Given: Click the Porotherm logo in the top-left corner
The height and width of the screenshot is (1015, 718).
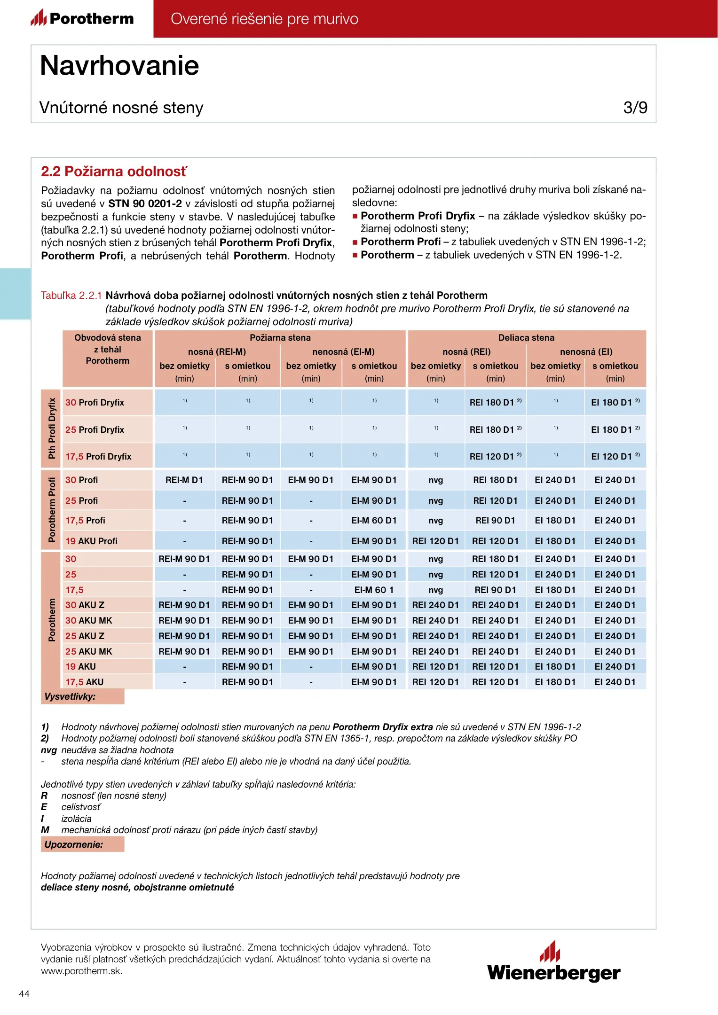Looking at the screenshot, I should [83, 18].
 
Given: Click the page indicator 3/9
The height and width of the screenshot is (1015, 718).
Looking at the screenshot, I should [635, 108].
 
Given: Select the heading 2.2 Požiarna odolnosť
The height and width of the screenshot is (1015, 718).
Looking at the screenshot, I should [114, 172].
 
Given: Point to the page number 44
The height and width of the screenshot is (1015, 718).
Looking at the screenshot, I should [24, 993].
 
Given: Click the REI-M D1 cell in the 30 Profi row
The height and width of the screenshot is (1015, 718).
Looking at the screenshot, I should [184, 480].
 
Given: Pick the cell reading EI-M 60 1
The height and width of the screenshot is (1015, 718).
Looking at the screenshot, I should [374, 590].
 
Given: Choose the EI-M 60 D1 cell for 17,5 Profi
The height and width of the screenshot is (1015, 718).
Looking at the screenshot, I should [374, 521].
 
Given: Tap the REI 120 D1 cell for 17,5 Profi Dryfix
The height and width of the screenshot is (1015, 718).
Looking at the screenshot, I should [495, 456].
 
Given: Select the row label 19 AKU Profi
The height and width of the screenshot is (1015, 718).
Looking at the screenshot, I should [92, 541].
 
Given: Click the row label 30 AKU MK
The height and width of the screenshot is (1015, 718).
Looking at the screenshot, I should [89, 620].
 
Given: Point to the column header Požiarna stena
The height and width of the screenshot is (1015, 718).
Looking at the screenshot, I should [280, 338].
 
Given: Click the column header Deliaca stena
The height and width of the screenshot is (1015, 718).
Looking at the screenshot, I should [526, 338].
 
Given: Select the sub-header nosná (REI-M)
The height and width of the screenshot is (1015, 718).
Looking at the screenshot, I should [217, 352].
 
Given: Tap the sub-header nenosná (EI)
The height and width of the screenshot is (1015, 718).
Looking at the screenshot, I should [586, 352].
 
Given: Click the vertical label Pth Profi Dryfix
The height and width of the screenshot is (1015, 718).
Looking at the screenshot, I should [52, 428].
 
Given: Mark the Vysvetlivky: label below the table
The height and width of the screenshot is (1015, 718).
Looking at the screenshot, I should [70, 696].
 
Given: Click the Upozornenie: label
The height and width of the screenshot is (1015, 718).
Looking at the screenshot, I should [74, 844].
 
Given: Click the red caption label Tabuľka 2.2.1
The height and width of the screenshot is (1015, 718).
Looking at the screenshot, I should [71, 296].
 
